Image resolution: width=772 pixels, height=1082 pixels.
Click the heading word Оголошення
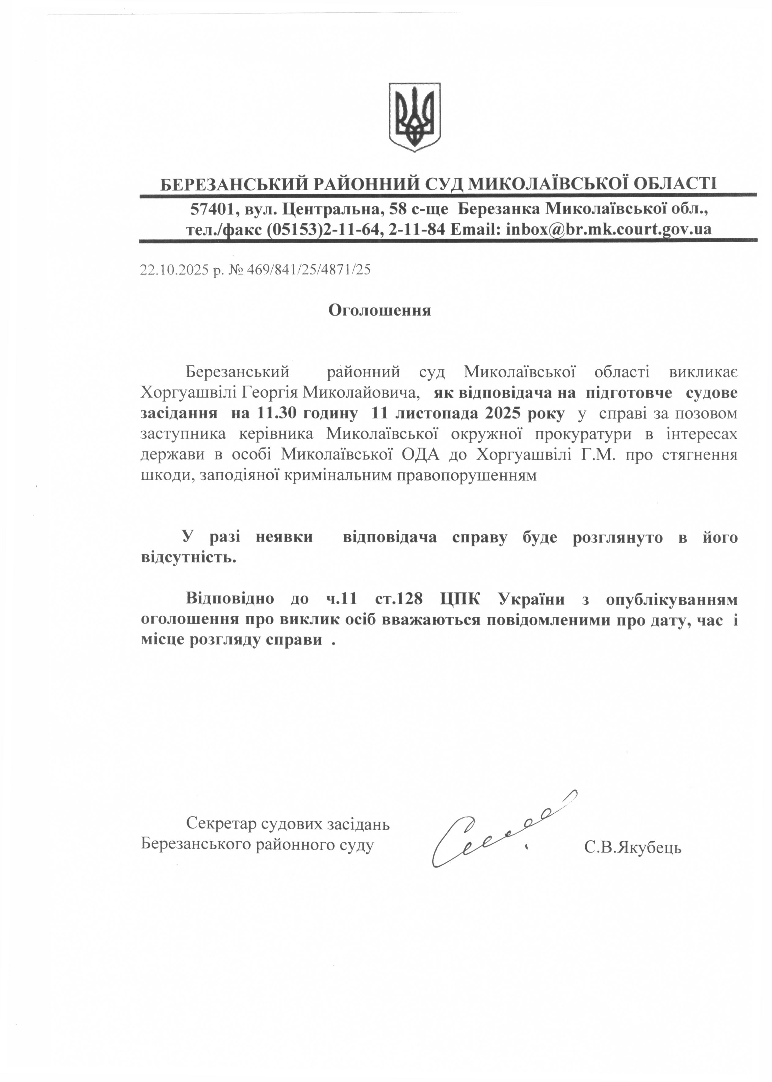pos(380,310)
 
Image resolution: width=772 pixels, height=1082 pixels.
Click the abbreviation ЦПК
pos(460,599)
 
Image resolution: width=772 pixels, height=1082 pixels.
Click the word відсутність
pos(189,558)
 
